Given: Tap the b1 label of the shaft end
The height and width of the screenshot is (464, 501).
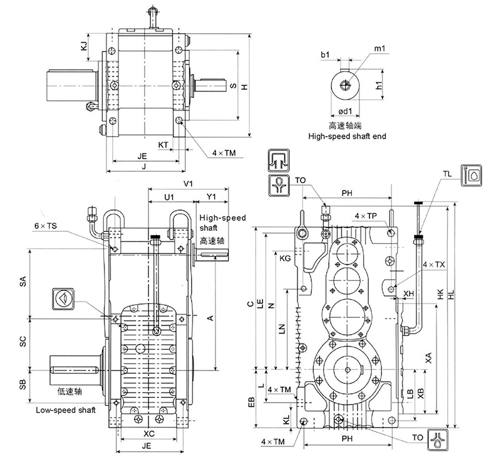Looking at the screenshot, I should point(325,56).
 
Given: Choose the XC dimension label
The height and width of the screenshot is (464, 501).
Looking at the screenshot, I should point(149,433).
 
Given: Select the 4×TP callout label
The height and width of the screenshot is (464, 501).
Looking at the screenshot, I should point(365,216).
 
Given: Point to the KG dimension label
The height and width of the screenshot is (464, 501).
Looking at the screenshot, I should point(285,258).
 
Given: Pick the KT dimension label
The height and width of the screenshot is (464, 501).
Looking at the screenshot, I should point(163,145).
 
